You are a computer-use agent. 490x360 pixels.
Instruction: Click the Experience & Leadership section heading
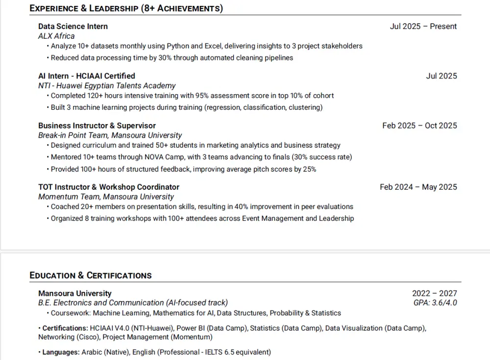coord(126,8)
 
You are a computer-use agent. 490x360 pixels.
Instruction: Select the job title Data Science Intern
coord(73,26)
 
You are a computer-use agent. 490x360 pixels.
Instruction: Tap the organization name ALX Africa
coord(56,36)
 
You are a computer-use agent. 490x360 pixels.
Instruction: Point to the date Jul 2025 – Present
coord(423,26)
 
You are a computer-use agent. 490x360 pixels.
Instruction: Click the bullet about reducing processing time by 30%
coord(172,58)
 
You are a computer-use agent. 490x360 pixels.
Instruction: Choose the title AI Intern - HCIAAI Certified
coord(87,76)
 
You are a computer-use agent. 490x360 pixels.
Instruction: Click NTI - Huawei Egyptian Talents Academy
coord(107,86)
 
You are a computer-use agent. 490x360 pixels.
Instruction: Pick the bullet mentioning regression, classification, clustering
coord(187,107)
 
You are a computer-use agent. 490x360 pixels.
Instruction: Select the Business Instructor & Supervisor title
coord(97,126)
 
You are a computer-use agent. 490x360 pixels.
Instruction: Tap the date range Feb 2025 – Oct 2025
coord(419,126)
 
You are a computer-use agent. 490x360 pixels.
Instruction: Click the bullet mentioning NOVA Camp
coord(201,157)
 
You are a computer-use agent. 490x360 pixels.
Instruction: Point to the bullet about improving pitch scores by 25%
coord(183,169)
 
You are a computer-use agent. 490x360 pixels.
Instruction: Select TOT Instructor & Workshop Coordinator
coord(109,187)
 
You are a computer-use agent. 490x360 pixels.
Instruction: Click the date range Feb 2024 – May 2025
coord(418,187)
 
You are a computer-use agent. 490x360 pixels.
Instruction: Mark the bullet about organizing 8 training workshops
coord(202,218)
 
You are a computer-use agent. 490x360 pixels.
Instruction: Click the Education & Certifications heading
coord(91,275)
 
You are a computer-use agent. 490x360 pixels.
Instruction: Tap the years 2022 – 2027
coord(434,294)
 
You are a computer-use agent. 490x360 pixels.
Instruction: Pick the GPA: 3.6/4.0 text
coord(435,303)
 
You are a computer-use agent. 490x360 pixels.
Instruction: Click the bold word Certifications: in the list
coord(65,328)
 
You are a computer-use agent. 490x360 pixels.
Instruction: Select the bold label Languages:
coord(61,352)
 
